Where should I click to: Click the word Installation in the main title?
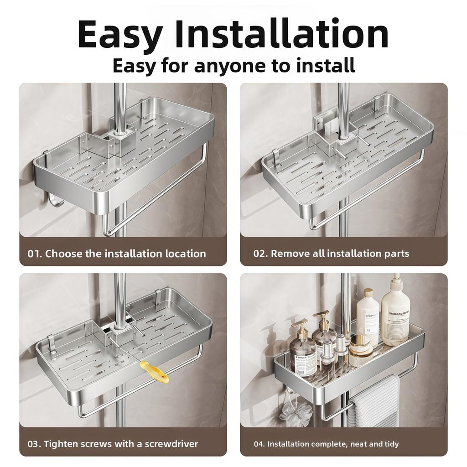pyautogui.click(x=281, y=35)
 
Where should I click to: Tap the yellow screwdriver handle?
pyautogui.click(x=154, y=372)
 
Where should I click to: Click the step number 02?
pyautogui.click(x=260, y=254)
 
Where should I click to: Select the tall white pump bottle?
pyautogui.click(x=395, y=315)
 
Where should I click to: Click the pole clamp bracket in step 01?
pyautogui.click(x=119, y=139)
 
